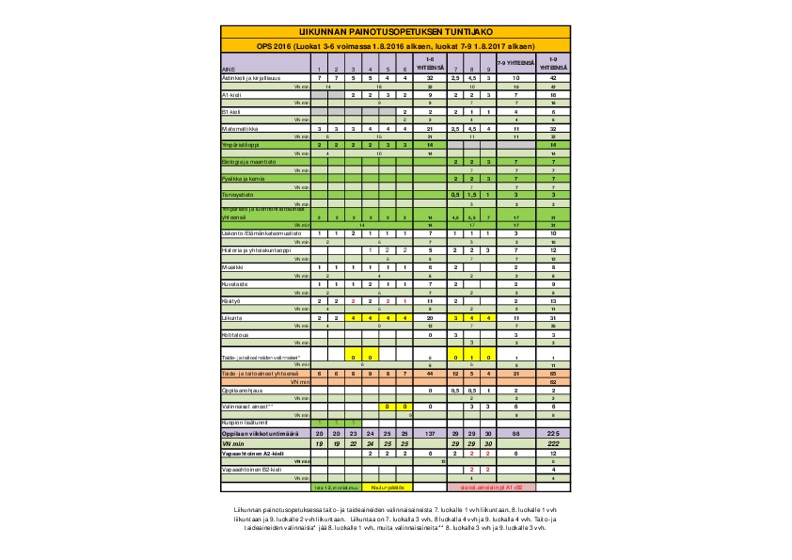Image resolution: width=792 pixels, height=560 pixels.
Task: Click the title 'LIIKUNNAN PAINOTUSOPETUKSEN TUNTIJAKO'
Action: click(394, 32)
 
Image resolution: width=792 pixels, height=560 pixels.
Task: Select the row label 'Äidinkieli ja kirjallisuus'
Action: click(244, 77)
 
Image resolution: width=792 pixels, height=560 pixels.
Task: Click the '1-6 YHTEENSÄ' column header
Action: click(429, 62)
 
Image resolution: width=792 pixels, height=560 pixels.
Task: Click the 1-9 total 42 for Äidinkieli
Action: click(554, 77)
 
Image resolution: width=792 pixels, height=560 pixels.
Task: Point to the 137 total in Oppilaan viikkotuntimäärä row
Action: click(429, 432)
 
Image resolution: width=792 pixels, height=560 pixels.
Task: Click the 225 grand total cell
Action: click(554, 432)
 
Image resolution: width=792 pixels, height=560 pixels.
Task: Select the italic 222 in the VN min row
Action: click(554, 441)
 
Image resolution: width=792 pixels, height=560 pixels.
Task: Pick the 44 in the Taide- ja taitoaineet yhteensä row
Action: click(429, 374)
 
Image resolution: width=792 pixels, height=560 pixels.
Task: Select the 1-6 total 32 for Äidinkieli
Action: click(429, 77)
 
